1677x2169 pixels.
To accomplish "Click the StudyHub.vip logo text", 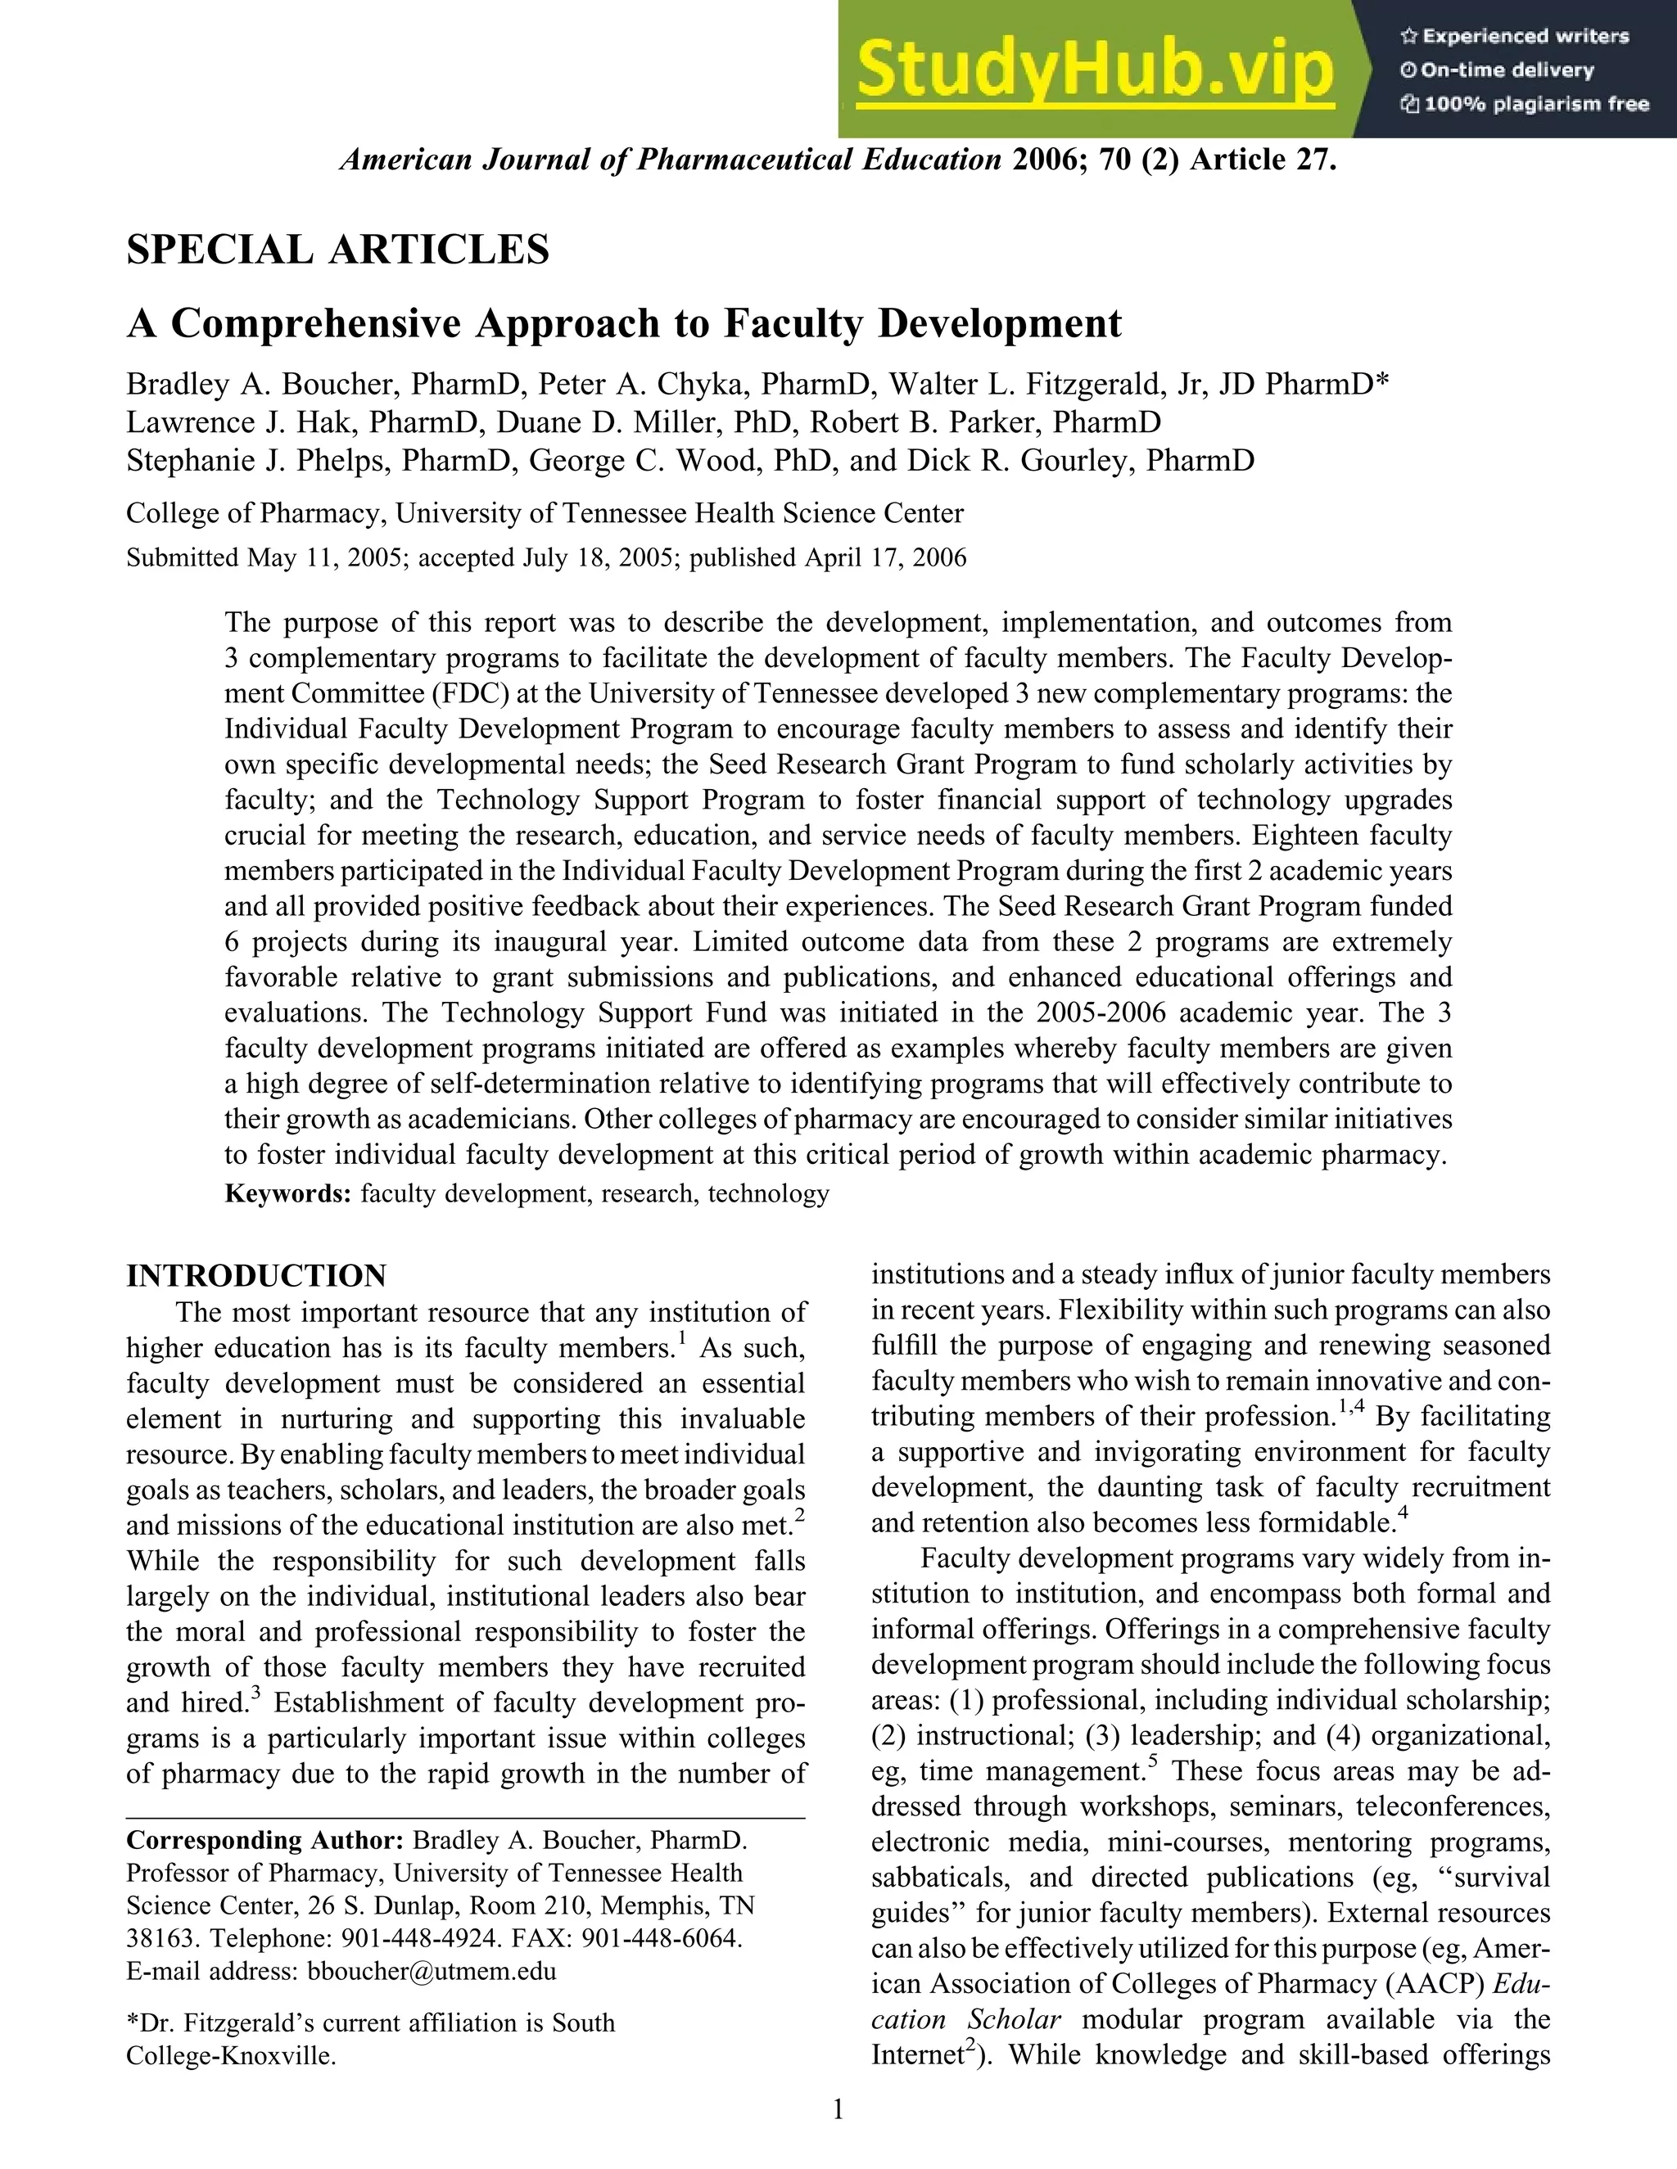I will [1094, 70].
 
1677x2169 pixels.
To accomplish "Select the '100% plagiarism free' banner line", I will [1524, 104].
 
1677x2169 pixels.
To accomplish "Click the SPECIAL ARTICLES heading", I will [338, 250].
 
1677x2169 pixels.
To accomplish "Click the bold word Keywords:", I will [288, 1193].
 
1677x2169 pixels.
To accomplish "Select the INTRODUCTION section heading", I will [256, 1276].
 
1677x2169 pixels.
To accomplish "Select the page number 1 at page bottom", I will [838, 2109].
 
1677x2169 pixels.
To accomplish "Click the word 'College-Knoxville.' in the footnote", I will [230, 2056].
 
